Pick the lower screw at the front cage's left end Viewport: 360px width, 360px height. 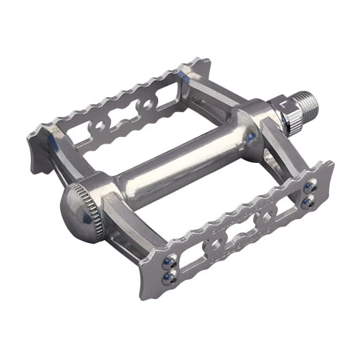[168, 276]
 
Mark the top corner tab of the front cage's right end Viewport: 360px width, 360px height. [329, 166]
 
